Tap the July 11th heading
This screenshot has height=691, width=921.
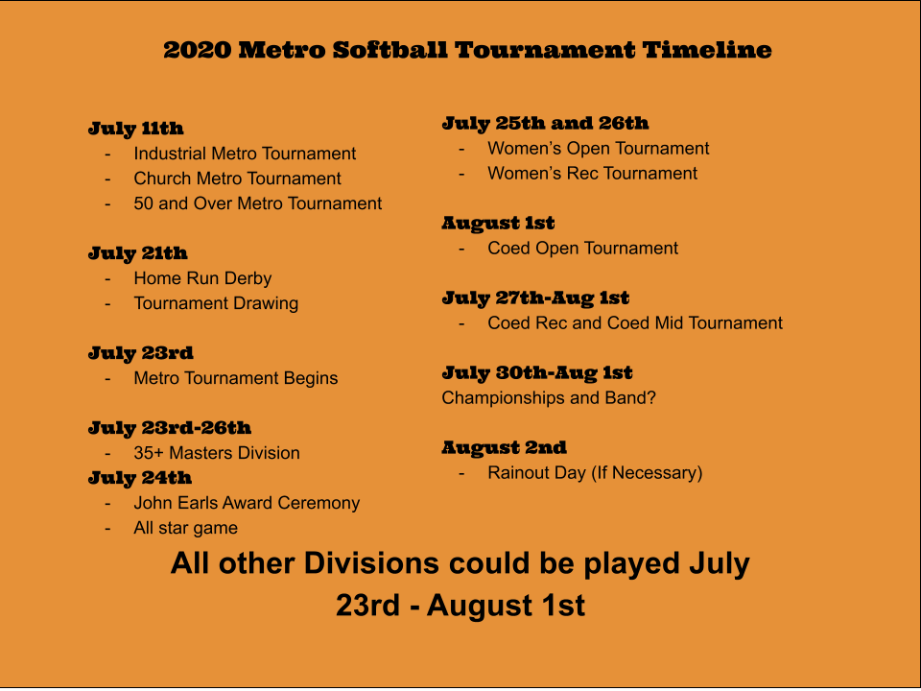[x=135, y=129]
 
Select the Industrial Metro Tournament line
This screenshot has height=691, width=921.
[x=245, y=154]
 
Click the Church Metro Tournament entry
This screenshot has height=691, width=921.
[x=237, y=179]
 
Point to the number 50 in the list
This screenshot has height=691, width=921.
[x=143, y=203]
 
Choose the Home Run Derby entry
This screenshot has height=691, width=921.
[x=202, y=278]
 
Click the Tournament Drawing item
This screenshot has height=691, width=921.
[x=216, y=303]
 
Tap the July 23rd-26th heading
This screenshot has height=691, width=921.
[x=170, y=428]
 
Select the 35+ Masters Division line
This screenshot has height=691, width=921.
[x=217, y=453]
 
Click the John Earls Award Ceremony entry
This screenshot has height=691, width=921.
[x=247, y=503]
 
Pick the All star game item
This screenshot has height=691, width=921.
[x=185, y=528]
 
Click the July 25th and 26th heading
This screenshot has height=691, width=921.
[x=545, y=123]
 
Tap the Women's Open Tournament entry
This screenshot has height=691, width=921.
[x=599, y=148]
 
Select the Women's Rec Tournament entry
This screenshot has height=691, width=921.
[x=593, y=174]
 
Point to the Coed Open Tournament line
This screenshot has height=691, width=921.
[x=582, y=248]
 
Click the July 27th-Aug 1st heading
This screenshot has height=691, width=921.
[x=535, y=298]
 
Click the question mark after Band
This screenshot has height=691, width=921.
[x=650, y=397]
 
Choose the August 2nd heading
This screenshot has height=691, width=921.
[x=504, y=448]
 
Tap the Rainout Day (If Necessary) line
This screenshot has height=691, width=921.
[x=595, y=473]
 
